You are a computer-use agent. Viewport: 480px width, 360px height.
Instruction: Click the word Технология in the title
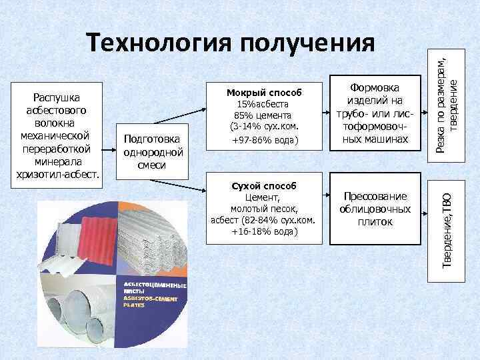[160, 44]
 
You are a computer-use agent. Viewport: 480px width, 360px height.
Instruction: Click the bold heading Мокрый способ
[264, 92]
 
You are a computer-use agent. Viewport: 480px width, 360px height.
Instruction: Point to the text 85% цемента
[264, 114]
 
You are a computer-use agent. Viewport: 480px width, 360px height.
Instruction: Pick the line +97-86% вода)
[264, 141]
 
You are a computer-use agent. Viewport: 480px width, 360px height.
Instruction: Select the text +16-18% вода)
[265, 231]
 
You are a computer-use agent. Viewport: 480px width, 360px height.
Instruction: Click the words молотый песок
[265, 209]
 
